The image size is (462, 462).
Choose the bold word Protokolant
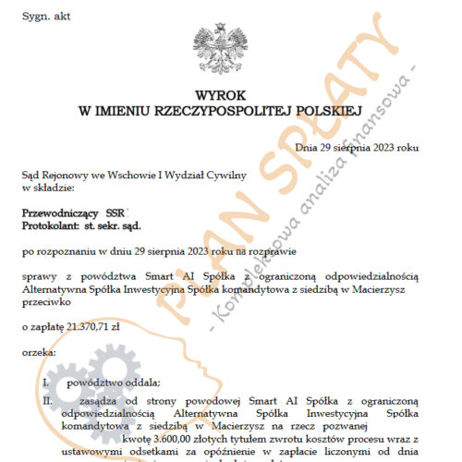point(53,225)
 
